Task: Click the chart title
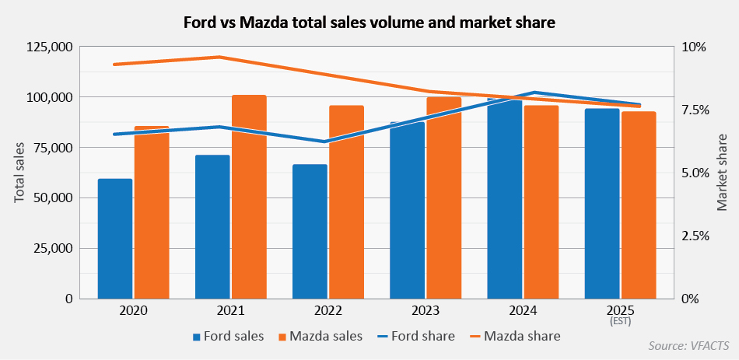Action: coord(369,23)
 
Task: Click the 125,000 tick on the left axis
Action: coord(50,47)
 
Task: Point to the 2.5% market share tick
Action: coord(694,236)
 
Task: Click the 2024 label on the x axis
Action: coord(523,311)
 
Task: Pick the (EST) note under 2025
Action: coord(620,321)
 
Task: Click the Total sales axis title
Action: coord(19,173)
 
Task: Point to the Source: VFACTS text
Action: coord(689,345)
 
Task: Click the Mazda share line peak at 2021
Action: coord(219,57)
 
